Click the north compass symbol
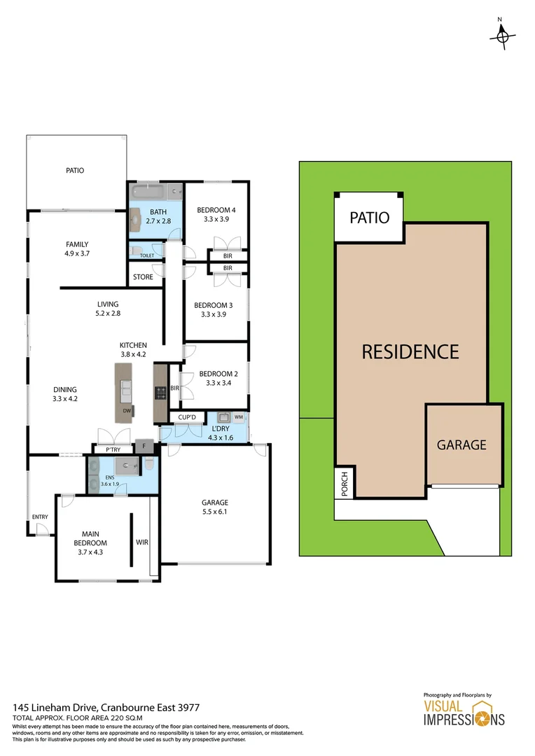[502, 36]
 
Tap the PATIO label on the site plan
[369, 217]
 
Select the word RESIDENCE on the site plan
[410, 351]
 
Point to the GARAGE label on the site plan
[461, 444]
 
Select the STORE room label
[143, 277]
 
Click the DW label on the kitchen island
[127, 411]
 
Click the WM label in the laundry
[238, 418]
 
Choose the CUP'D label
[186, 418]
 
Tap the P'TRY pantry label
[113, 449]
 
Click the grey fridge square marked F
[144, 445]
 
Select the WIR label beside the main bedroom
[142, 542]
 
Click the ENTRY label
[40, 517]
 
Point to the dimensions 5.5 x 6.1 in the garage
[215, 512]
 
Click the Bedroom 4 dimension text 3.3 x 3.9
[216, 219]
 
